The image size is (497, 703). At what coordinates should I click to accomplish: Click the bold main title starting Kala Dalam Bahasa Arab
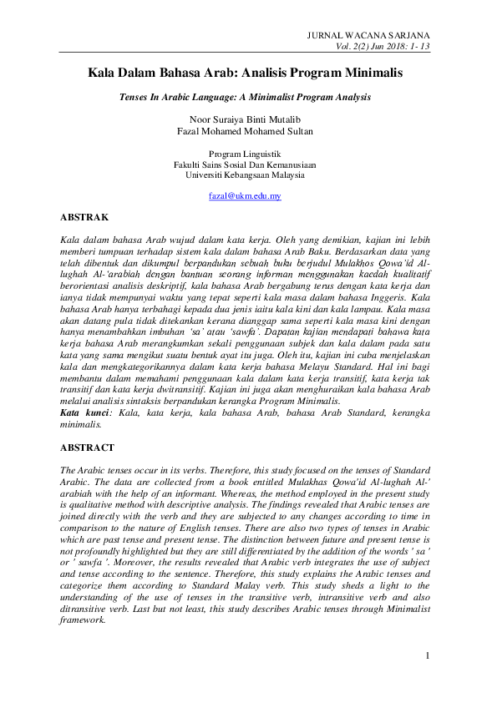(246, 73)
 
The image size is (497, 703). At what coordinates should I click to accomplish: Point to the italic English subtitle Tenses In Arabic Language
(246, 98)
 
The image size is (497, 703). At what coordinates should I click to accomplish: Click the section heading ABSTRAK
(85, 217)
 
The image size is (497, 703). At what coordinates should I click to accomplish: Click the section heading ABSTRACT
(89, 448)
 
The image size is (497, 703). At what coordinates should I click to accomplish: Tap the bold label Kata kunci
(80, 412)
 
